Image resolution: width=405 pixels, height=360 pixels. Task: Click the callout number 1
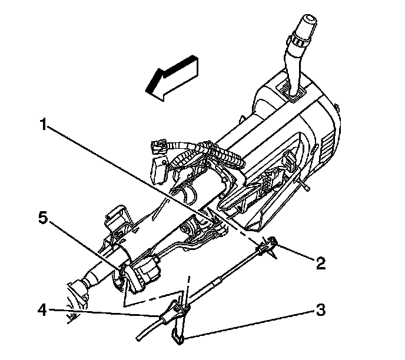(44, 126)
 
